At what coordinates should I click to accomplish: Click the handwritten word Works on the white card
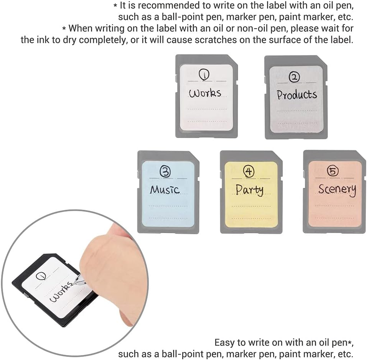pyautogui.click(x=205, y=93)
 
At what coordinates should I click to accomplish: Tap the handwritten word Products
pyautogui.click(x=296, y=95)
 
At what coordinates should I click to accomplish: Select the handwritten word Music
pyautogui.click(x=165, y=189)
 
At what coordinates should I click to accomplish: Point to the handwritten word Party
pyautogui.click(x=249, y=189)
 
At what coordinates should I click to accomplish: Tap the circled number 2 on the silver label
pyautogui.click(x=294, y=78)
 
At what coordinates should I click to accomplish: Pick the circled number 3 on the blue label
pyautogui.click(x=165, y=173)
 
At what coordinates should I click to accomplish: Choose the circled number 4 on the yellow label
pyautogui.click(x=249, y=172)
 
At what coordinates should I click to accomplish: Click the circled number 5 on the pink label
pyautogui.click(x=332, y=172)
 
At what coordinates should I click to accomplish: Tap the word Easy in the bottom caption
pyautogui.click(x=224, y=342)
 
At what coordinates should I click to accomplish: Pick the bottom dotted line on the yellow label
pyautogui.click(x=251, y=218)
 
